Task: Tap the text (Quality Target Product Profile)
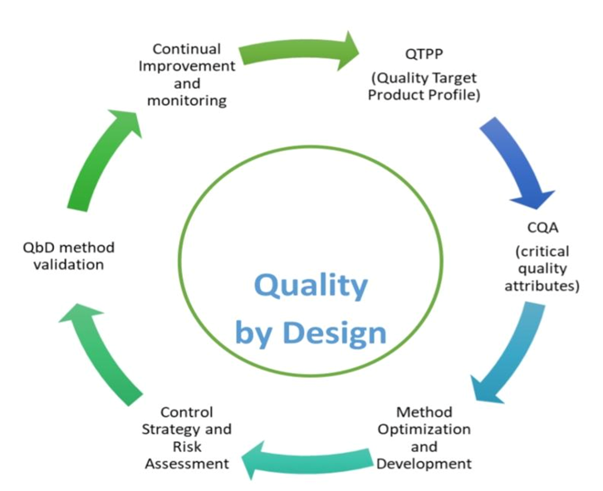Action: pyautogui.click(x=425, y=86)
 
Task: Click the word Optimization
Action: pyautogui.click(x=424, y=429)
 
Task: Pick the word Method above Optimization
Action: pyautogui.click(x=424, y=412)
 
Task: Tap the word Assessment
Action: pyautogui.click(x=187, y=463)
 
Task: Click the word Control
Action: pyautogui.click(x=187, y=412)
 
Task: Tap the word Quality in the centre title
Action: pyautogui.click(x=311, y=286)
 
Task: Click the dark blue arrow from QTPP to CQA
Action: pyautogui.click(x=517, y=162)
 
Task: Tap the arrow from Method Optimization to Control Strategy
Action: pyautogui.click(x=307, y=459)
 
